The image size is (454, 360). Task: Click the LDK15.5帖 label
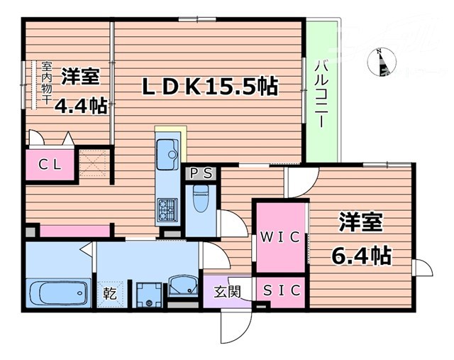[210, 87]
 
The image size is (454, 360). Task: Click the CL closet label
[49, 165]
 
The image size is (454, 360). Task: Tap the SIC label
[281, 290]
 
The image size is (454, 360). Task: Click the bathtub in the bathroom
[57, 293]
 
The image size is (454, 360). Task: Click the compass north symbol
[382, 61]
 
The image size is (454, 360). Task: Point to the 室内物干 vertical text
[47, 83]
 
